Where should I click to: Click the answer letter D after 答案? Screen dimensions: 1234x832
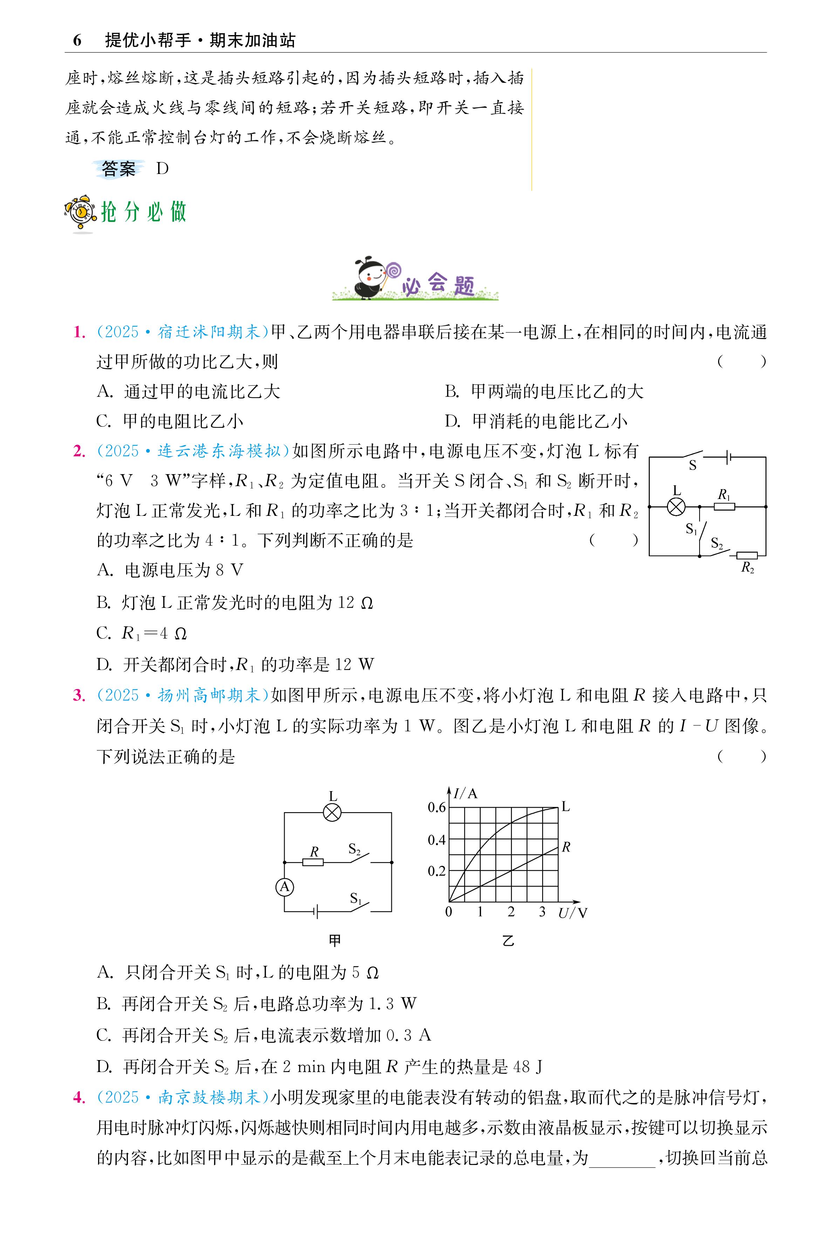click(162, 169)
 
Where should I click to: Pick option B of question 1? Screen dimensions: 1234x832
click(544, 392)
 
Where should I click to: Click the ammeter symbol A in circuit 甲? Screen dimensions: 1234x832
click(285, 887)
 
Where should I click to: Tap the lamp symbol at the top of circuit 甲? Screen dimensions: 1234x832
click(332, 812)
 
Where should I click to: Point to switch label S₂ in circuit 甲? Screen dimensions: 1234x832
click(354, 850)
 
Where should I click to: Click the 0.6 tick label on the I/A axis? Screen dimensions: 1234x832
click(437, 808)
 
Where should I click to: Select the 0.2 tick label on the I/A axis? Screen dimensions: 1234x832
click(437, 871)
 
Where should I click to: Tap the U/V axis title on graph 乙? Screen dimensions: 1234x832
click(573, 913)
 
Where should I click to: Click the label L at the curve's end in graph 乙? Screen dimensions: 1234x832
click(566, 807)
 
